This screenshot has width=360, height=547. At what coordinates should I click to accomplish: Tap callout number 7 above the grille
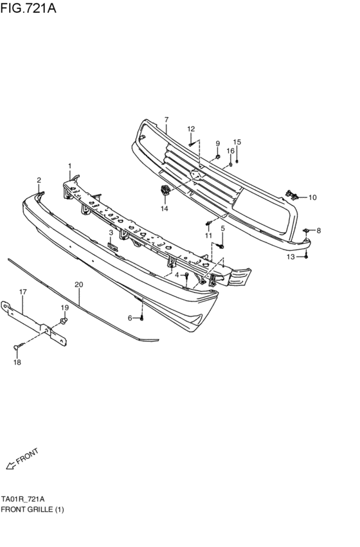[166, 120]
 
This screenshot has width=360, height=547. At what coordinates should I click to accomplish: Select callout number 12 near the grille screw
[191, 129]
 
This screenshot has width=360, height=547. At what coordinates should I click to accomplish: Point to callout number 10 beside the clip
[312, 197]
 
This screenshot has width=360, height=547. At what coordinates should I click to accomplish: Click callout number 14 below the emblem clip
[165, 209]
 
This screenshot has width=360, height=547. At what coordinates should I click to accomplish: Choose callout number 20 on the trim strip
[78, 284]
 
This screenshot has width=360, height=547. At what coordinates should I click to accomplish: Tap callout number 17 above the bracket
[23, 292]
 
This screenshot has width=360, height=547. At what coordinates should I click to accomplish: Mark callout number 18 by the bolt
[17, 363]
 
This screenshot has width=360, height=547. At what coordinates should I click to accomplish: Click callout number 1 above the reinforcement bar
[70, 166]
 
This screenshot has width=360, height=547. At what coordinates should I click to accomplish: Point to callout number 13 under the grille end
[291, 256]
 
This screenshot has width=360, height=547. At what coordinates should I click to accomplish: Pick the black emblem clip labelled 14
[165, 190]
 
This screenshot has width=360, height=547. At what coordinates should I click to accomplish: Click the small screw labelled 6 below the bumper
[143, 318]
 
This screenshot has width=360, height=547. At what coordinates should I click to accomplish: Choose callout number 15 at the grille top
[237, 142]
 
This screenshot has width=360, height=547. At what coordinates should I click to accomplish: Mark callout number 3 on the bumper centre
[111, 233]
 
